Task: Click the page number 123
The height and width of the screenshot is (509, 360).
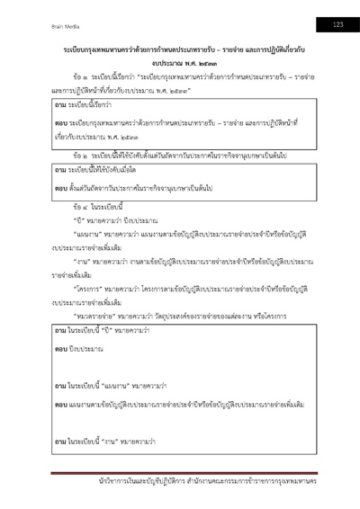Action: (338, 22)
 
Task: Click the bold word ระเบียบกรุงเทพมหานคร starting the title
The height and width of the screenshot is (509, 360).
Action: (100, 44)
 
